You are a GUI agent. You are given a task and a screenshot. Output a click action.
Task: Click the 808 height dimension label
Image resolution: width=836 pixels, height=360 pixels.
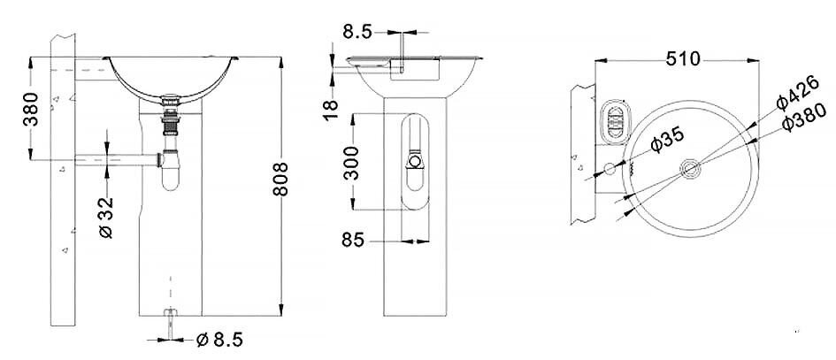tap(280, 180)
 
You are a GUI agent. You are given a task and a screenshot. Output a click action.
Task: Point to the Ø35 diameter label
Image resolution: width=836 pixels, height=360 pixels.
tap(667, 140)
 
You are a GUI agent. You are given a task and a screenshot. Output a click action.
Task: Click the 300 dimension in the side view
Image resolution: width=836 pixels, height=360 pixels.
tap(351, 163)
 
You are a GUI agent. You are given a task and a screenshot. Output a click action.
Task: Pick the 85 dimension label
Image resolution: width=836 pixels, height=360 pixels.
tap(353, 241)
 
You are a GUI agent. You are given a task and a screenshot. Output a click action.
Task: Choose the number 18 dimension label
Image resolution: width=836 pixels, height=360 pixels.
tap(331, 111)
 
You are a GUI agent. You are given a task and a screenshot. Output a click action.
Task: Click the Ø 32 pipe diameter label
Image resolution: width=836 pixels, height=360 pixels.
tap(107, 218)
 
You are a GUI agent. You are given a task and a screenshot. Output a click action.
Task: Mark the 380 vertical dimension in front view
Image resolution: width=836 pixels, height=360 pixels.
tap(30, 109)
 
